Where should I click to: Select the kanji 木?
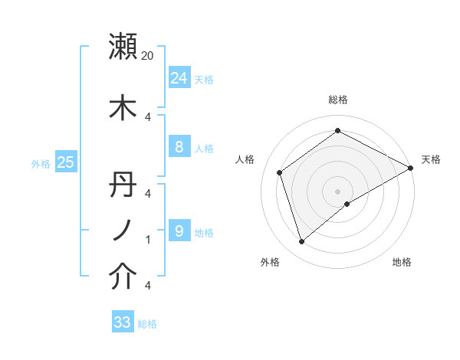(x=123, y=107)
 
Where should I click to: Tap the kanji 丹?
(x=123, y=185)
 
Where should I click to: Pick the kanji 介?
(x=123, y=277)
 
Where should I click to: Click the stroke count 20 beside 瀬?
(x=148, y=55)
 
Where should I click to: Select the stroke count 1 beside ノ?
(x=148, y=240)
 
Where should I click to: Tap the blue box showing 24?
(x=179, y=77)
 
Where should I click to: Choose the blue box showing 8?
(x=179, y=147)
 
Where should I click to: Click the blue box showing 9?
(x=179, y=231)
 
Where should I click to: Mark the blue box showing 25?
(x=65, y=162)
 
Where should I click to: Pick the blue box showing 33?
(x=123, y=322)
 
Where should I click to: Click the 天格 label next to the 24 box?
(x=204, y=79)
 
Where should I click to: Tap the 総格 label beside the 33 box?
(x=147, y=324)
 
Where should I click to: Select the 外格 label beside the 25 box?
(x=40, y=163)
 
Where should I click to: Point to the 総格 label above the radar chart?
(x=338, y=100)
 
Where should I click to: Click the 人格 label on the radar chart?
(x=245, y=159)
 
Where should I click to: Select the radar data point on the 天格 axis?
(x=411, y=169)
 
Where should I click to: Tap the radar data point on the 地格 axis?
(x=347, y=204)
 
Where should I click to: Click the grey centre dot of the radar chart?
(x=338, y=191)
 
